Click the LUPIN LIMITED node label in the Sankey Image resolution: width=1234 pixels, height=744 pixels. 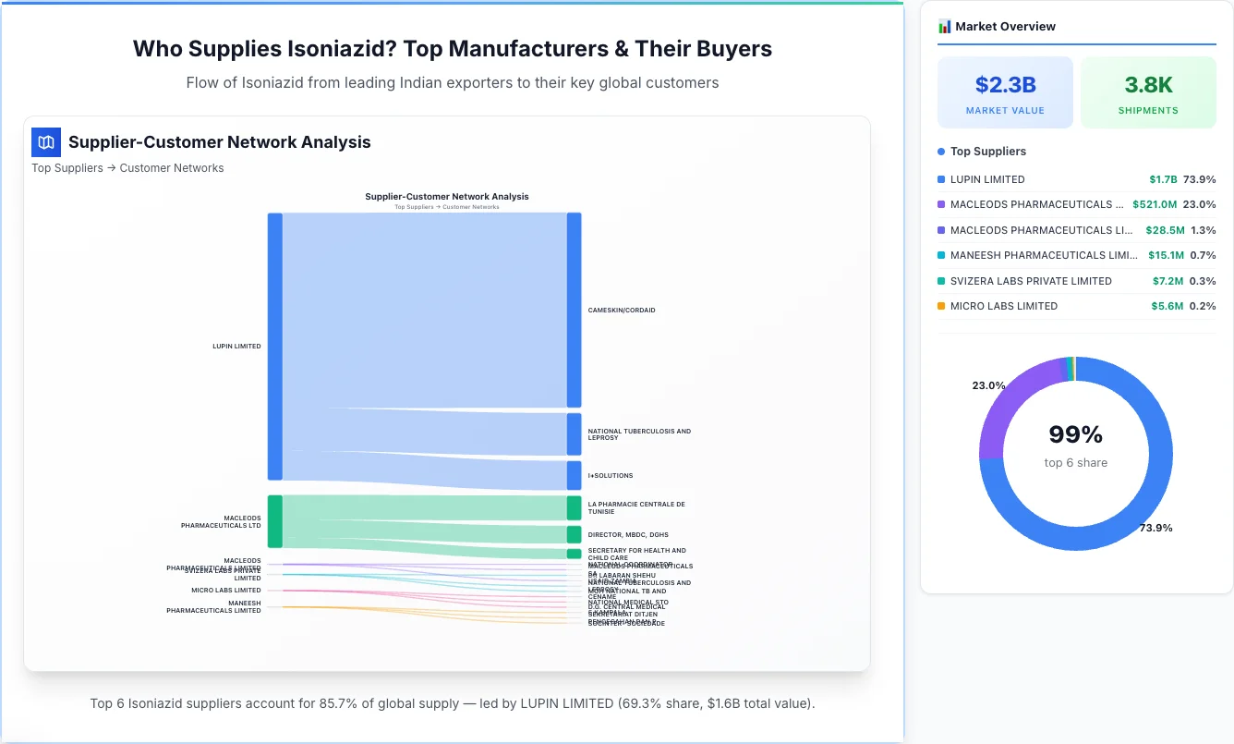(236, 347)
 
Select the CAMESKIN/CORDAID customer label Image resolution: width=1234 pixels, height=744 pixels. (622, 311)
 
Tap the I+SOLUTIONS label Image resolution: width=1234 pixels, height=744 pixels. (611, 476)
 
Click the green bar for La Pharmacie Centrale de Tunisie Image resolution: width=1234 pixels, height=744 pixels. (574, 508)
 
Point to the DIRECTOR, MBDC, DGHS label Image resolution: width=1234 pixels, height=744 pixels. (628, 535)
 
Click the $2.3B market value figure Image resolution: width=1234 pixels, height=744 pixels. (1005, 85)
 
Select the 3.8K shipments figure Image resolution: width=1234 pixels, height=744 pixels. (1148, 85)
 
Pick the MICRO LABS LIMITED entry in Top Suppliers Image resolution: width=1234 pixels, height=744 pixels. (1004, 306)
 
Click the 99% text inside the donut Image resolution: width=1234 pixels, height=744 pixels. (1076, 434)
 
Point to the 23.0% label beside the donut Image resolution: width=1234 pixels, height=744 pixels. (988, 385)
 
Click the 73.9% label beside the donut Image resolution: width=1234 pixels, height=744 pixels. (1155, 528)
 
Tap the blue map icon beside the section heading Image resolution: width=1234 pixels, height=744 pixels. (46, 142)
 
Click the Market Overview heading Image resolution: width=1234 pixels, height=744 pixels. (1005, 27)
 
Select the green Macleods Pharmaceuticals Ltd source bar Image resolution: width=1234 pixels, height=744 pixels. (274, 521)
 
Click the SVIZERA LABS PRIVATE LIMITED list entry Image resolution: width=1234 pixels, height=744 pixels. (1031, 281)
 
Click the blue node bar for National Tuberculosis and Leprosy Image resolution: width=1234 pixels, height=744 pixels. (574, 434)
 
